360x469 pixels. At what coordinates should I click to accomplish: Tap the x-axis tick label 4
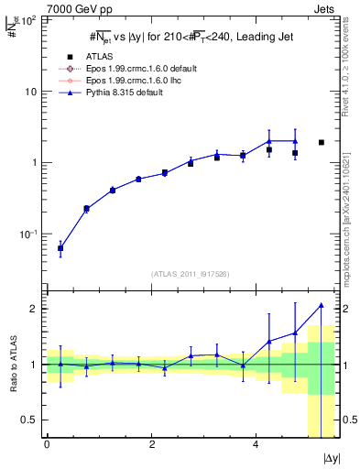click(256, 444)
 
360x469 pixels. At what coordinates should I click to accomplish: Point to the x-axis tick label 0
click(47, 444)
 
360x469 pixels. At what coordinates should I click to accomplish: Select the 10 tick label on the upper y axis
click(29, 92)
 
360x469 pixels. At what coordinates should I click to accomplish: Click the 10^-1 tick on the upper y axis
click(27, 234)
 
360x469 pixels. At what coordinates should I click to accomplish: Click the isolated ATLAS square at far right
click(322, 142)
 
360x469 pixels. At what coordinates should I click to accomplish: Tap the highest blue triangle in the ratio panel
click(322, 305)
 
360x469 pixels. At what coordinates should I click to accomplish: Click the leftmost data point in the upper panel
click(60, 248)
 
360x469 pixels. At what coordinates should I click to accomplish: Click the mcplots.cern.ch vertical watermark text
click(351, 192)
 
